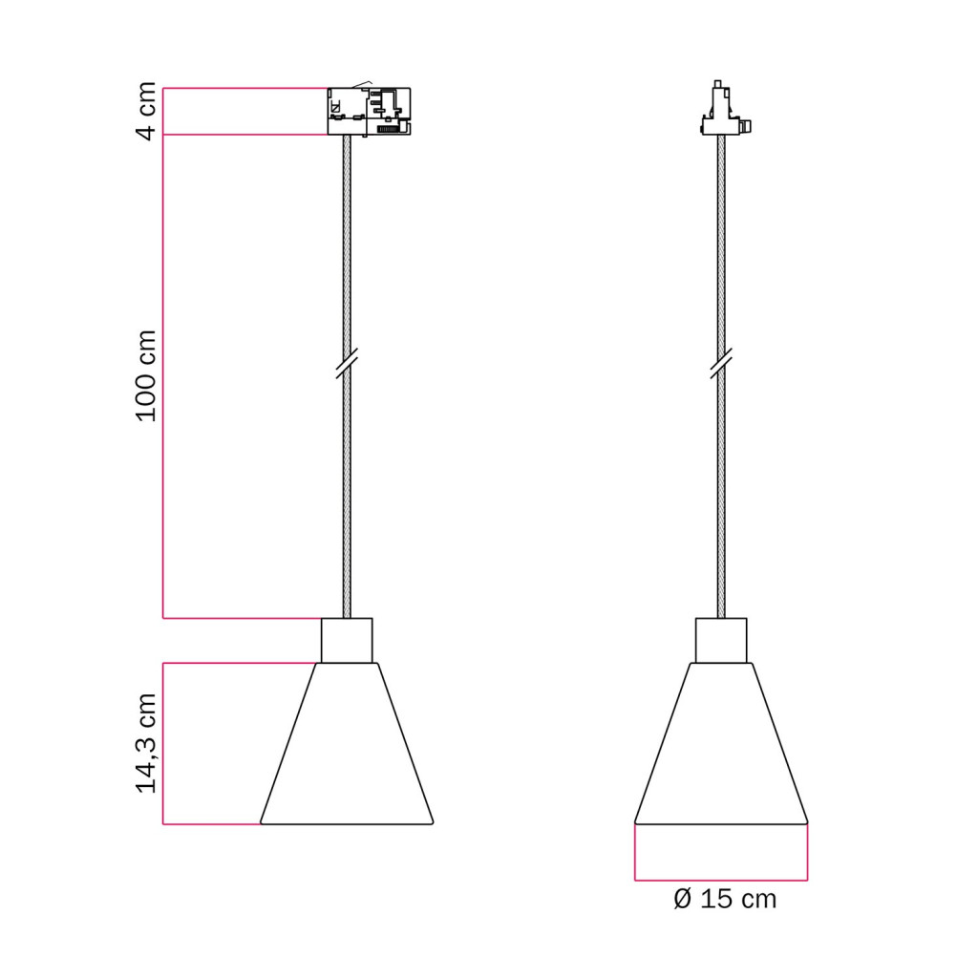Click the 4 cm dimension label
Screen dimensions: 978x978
[x=146, y=111]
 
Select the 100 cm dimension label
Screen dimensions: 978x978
[x=146, y=376]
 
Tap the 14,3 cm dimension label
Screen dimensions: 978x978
[x=146, y=743]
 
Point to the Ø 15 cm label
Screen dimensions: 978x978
[x=725, y=899]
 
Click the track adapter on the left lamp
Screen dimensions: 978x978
[x=370, y=111]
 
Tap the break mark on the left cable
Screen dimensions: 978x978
[x=347, y=363]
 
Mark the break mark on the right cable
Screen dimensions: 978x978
[x=721, y=363]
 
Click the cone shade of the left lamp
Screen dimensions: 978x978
[x=347, y=743]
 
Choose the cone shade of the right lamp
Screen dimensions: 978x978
[x=721, y=743]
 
